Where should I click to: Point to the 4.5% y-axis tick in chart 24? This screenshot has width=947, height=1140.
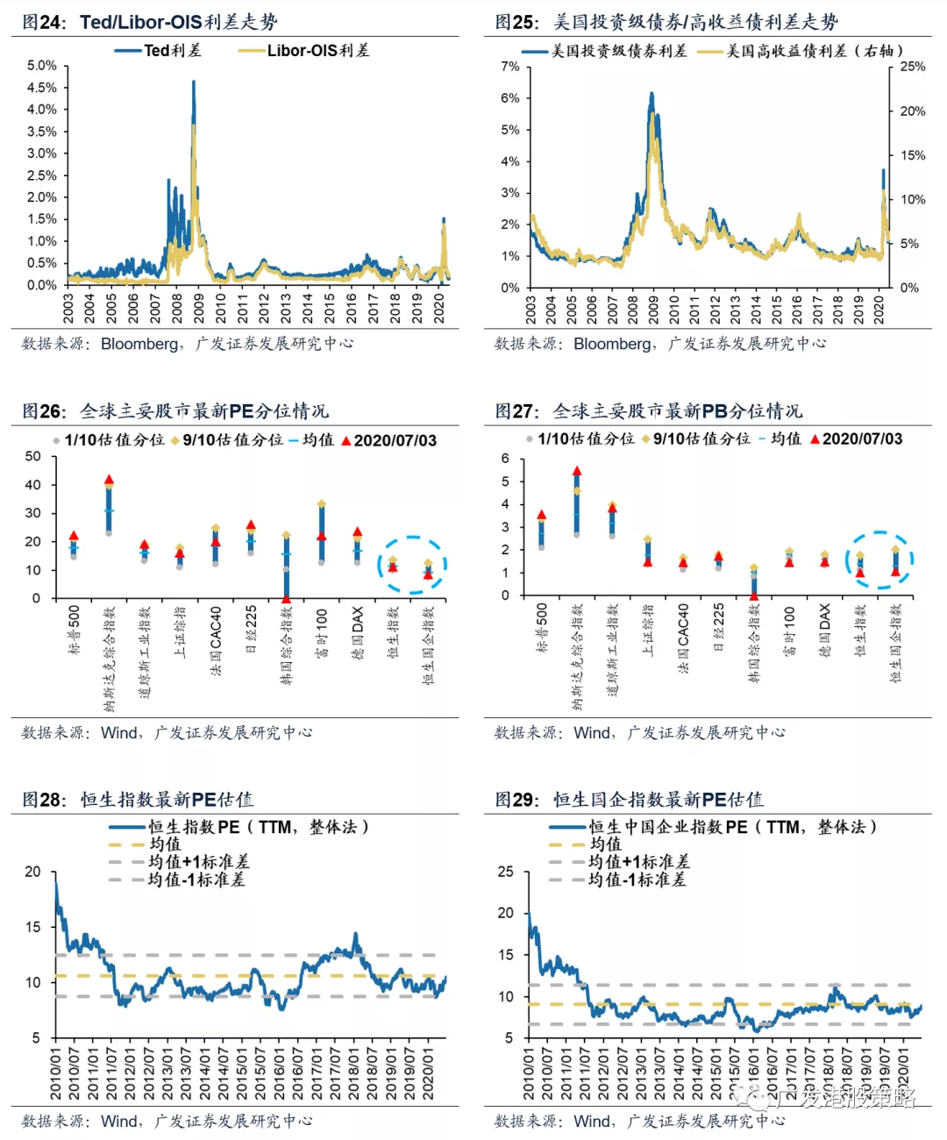click(x=42, y=88)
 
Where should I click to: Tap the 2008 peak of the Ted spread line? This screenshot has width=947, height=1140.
click(x=193, y=82)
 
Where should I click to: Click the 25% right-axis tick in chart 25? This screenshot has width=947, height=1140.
click(x=913, y=67)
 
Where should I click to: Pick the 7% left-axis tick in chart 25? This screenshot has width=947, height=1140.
click(x=509, y=67)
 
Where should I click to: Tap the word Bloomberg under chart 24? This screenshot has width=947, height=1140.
click(x=139, y=344)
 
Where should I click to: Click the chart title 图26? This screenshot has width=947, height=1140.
click(x=43, y=411)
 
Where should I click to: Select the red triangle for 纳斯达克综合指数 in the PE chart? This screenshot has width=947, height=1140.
click(x=109, y=480)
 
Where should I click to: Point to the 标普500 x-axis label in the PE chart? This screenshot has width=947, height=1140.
click(x=75, y=631)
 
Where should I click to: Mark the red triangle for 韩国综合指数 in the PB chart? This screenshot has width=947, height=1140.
click(x=753, y=595)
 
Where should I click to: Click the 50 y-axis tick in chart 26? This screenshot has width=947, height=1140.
click(x=33, y=456)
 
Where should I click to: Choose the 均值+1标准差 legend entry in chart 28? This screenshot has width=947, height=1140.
click(x=198, y=862)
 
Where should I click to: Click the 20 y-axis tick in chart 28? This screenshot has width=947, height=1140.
click(x=33, y=872)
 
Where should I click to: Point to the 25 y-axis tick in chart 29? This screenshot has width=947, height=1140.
click(x=506, y=872)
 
